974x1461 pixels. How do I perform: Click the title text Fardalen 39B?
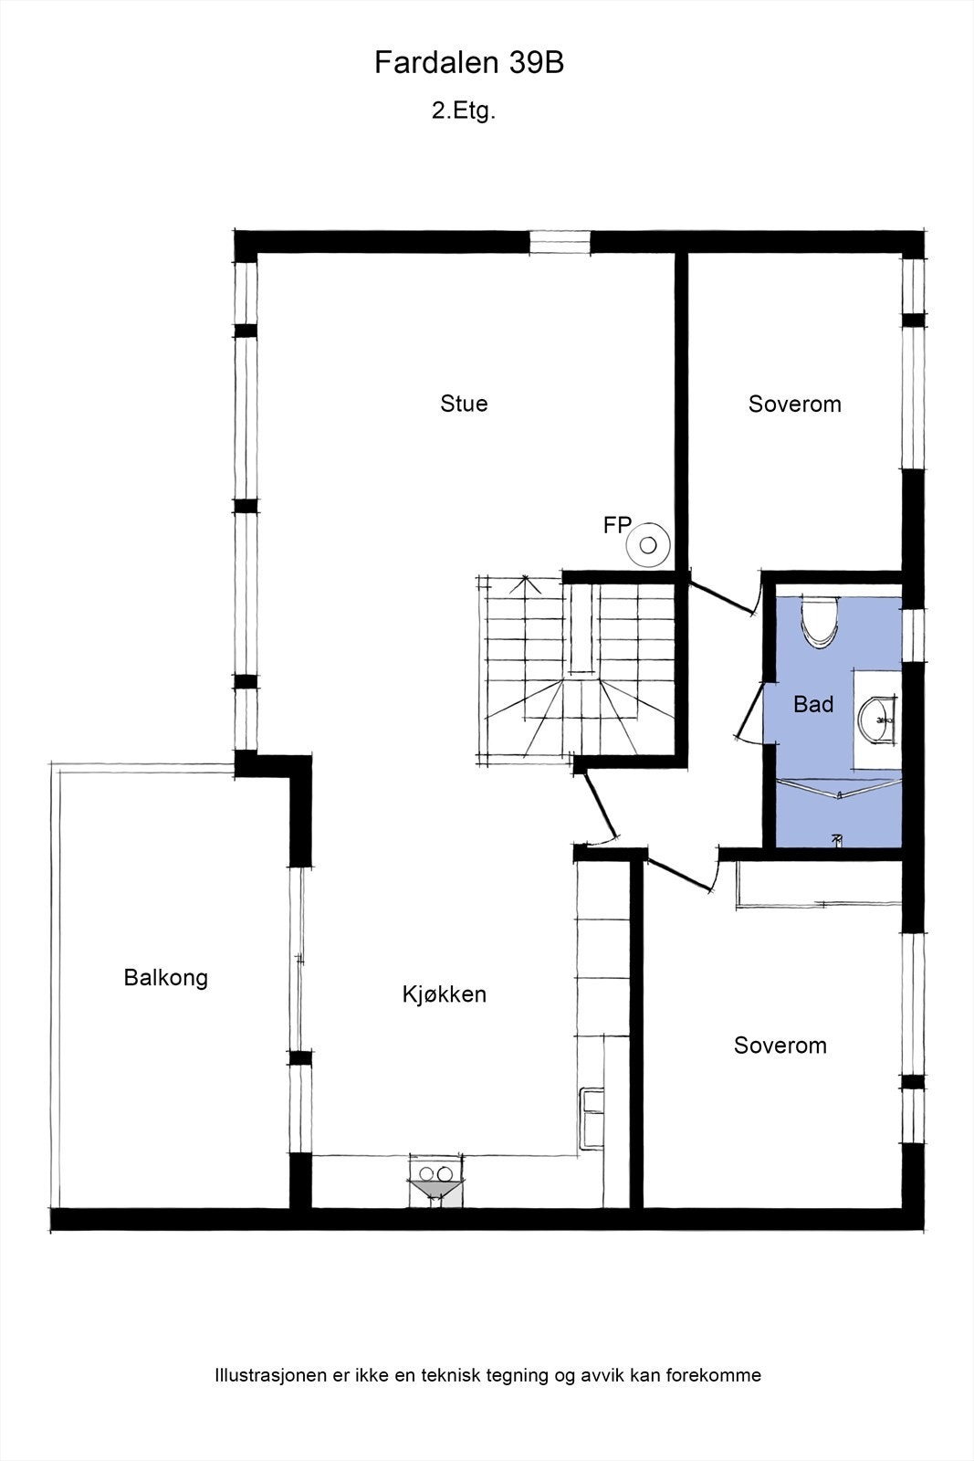click(468, 63)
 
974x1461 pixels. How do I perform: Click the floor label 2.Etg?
click(463, 111)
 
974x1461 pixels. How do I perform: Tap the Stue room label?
click(464, 404)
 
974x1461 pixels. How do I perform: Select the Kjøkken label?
click(444, 994)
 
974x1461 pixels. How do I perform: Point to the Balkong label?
click(165, 978)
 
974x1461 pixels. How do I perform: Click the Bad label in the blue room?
click(812, 704)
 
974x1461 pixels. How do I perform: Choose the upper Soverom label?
click(794, 405)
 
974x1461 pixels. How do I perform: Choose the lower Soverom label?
click(780, 1046)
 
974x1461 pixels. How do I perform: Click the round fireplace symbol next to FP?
click(648, 546)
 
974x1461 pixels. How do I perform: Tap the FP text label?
click(617, 525)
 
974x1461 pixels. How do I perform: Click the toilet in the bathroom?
click(818, 622)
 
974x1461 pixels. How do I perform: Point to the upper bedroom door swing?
click(726, 598)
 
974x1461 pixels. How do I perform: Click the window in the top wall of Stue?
click(560, 242)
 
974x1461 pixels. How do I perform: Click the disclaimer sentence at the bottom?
click(487, 1375)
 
